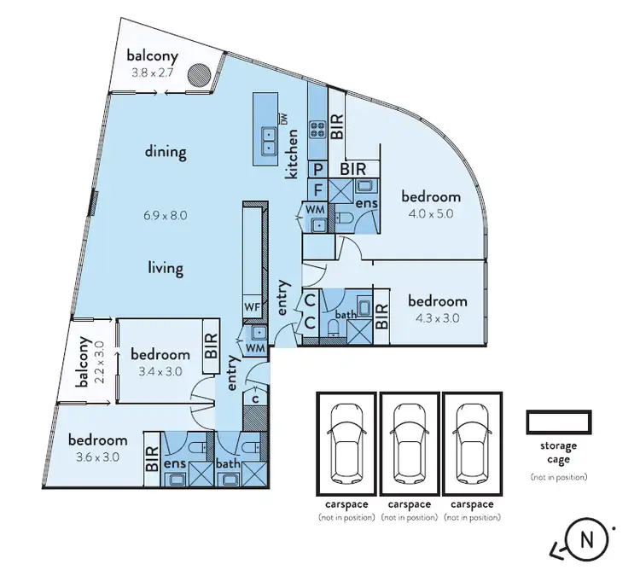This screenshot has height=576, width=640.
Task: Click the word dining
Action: [165, 153]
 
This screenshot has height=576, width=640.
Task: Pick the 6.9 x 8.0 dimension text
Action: [165, 215]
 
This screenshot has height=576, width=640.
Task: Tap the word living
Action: [165, 268]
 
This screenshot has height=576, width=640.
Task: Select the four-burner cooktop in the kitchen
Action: [317, 131]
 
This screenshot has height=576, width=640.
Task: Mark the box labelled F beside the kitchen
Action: [317, 189]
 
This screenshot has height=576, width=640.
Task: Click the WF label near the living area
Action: [252, 305]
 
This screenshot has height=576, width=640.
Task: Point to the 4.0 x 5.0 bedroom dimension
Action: [430, 214]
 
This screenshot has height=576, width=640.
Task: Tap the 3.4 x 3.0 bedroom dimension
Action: [160, 371]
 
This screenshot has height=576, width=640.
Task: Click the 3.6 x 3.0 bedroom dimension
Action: [98, 457]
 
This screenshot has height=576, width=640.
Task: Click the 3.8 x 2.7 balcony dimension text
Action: [152, 73]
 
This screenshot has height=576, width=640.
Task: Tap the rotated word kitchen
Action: [293, 154]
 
